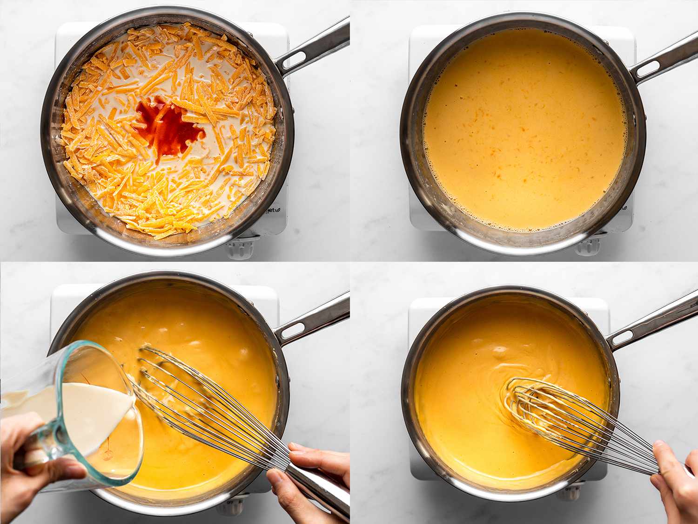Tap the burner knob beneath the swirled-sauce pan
576,492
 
